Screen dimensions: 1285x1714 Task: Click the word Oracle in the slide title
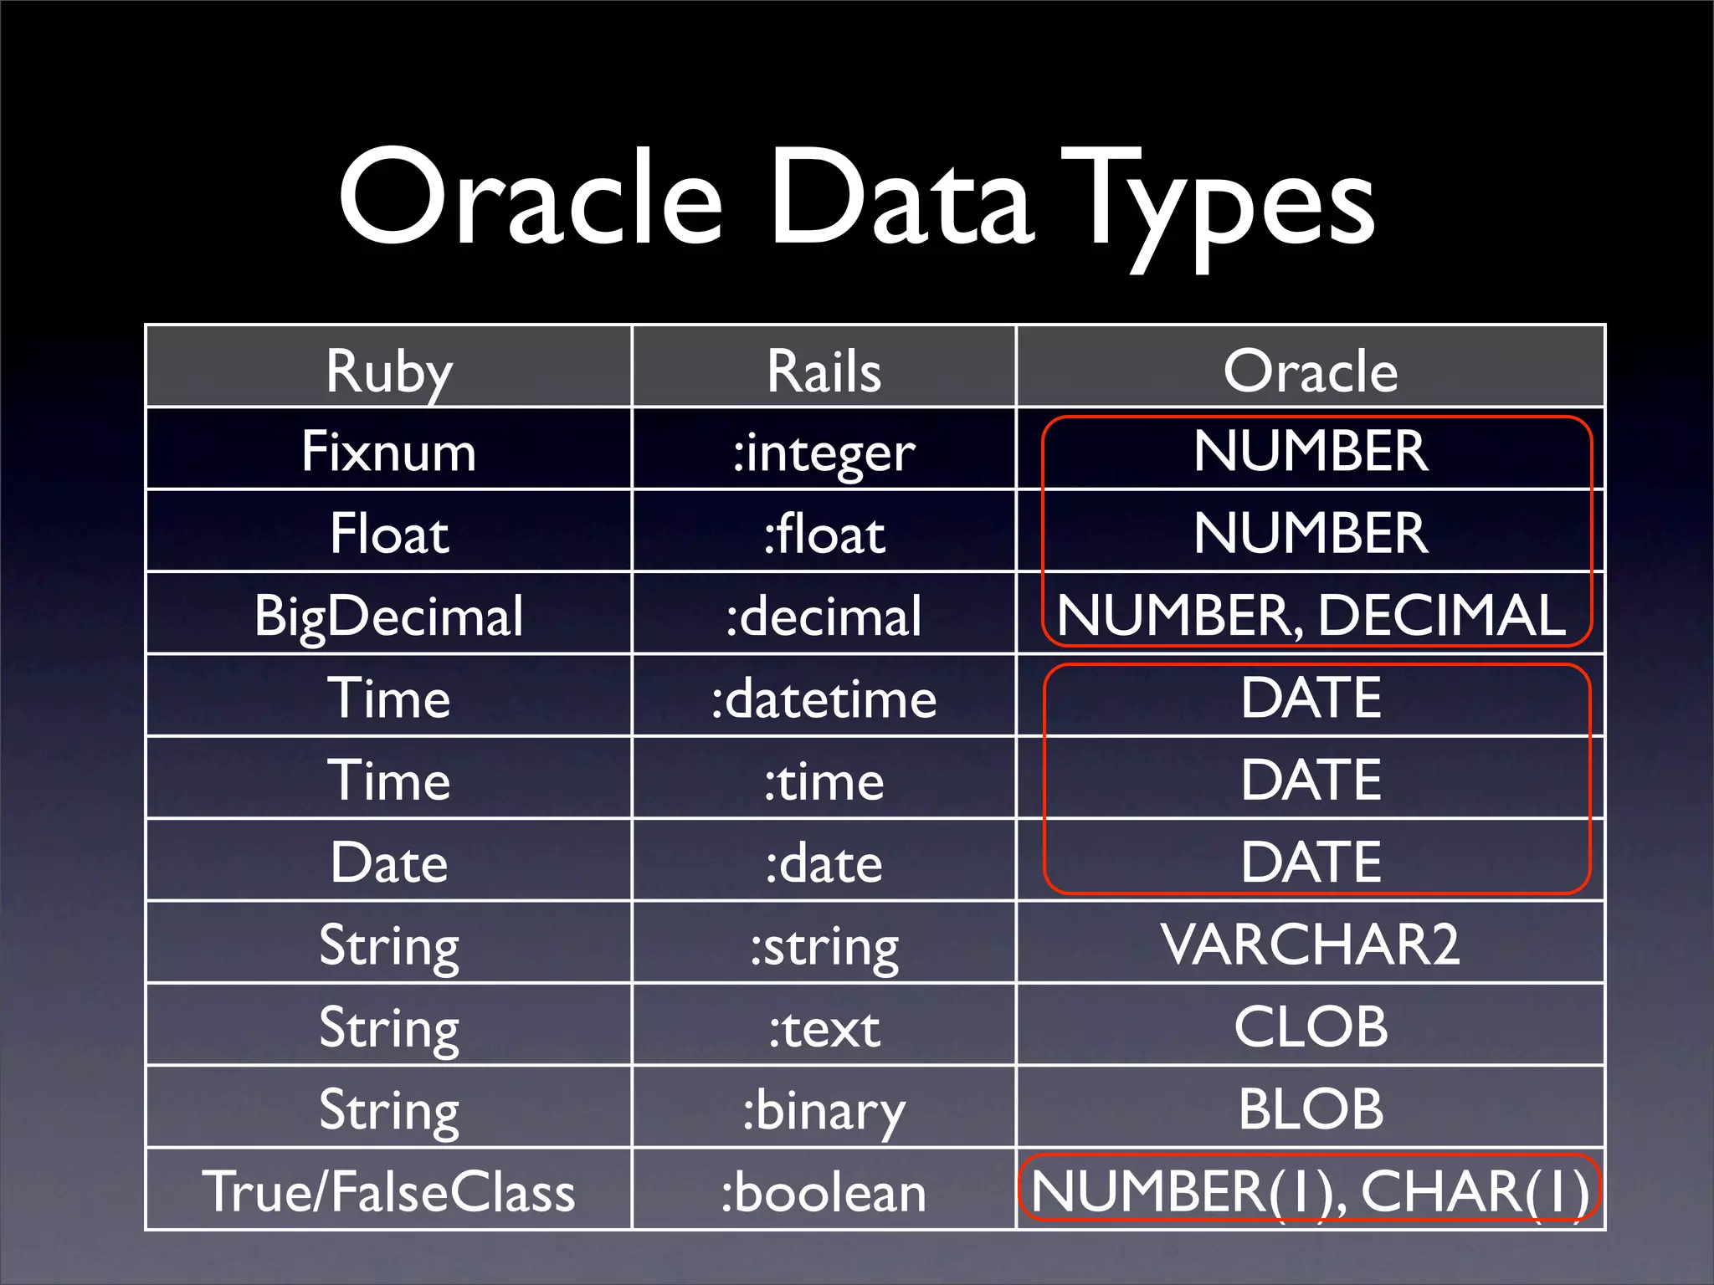530,199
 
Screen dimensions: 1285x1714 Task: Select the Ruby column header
389,371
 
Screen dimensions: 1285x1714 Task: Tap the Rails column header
824,371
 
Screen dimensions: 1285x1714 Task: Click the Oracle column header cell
1311,371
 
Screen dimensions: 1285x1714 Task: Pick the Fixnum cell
389,452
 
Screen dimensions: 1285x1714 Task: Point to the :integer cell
824,453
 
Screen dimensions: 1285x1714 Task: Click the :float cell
824,535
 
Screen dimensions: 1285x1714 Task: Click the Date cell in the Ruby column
389,863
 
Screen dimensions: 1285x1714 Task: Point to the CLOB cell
1311,1026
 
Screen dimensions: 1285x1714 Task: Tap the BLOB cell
1311,1109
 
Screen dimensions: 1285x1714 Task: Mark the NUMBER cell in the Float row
1311,533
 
